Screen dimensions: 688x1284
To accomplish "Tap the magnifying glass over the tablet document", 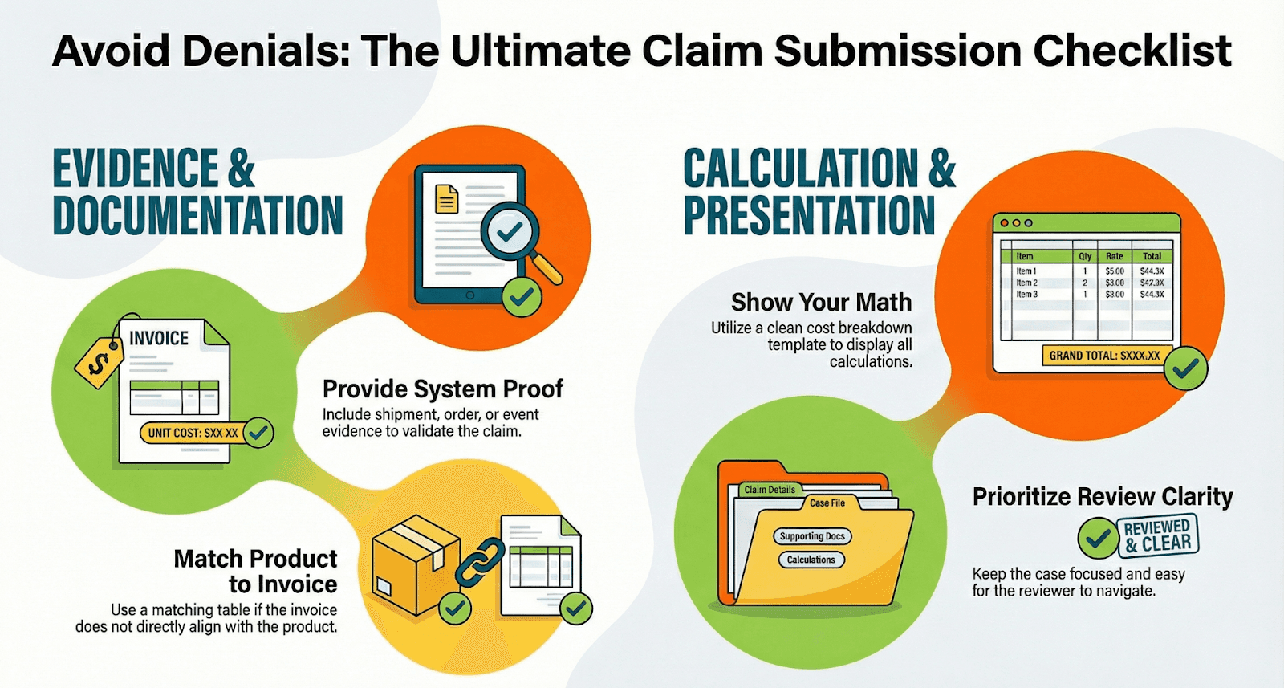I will tap(510, 233).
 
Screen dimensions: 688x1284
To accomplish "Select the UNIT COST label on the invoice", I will tap(193, 433).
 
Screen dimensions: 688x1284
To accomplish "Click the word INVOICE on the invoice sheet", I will tap(159, 339).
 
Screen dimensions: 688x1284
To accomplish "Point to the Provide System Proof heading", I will tap(442, 389).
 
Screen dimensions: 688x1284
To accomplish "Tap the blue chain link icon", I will tap(479, 561).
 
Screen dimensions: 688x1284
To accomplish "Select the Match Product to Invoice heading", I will tap(255, 571).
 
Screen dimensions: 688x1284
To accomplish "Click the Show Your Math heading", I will tap(821, 303).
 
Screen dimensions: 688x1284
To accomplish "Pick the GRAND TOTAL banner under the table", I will tap(1105, 355).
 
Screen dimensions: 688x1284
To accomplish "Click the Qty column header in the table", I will tap(1085, 256).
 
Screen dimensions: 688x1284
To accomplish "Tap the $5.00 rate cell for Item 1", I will tap(1115, 271).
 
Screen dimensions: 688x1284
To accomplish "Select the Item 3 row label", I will tap(1026, 295).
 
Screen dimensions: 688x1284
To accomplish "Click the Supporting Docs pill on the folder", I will tap(812, 536).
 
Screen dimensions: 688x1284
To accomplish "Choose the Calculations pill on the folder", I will tap(811, 560).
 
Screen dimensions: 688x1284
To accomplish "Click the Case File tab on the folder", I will tap(827, 503).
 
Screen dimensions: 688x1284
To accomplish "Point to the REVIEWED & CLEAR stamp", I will tap(1156, 535).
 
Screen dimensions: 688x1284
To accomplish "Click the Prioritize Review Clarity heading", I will tap(1103, 497).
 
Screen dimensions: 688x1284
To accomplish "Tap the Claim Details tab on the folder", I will tap(769, 490).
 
